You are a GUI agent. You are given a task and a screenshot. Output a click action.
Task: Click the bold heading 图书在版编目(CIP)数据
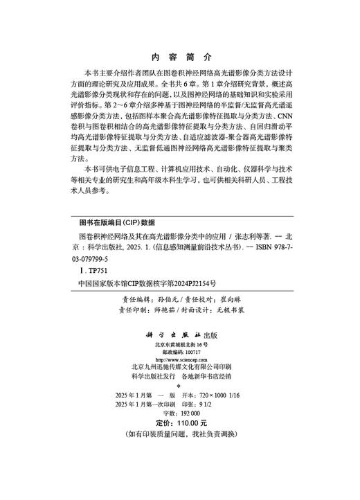click(x=114, y=224)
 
